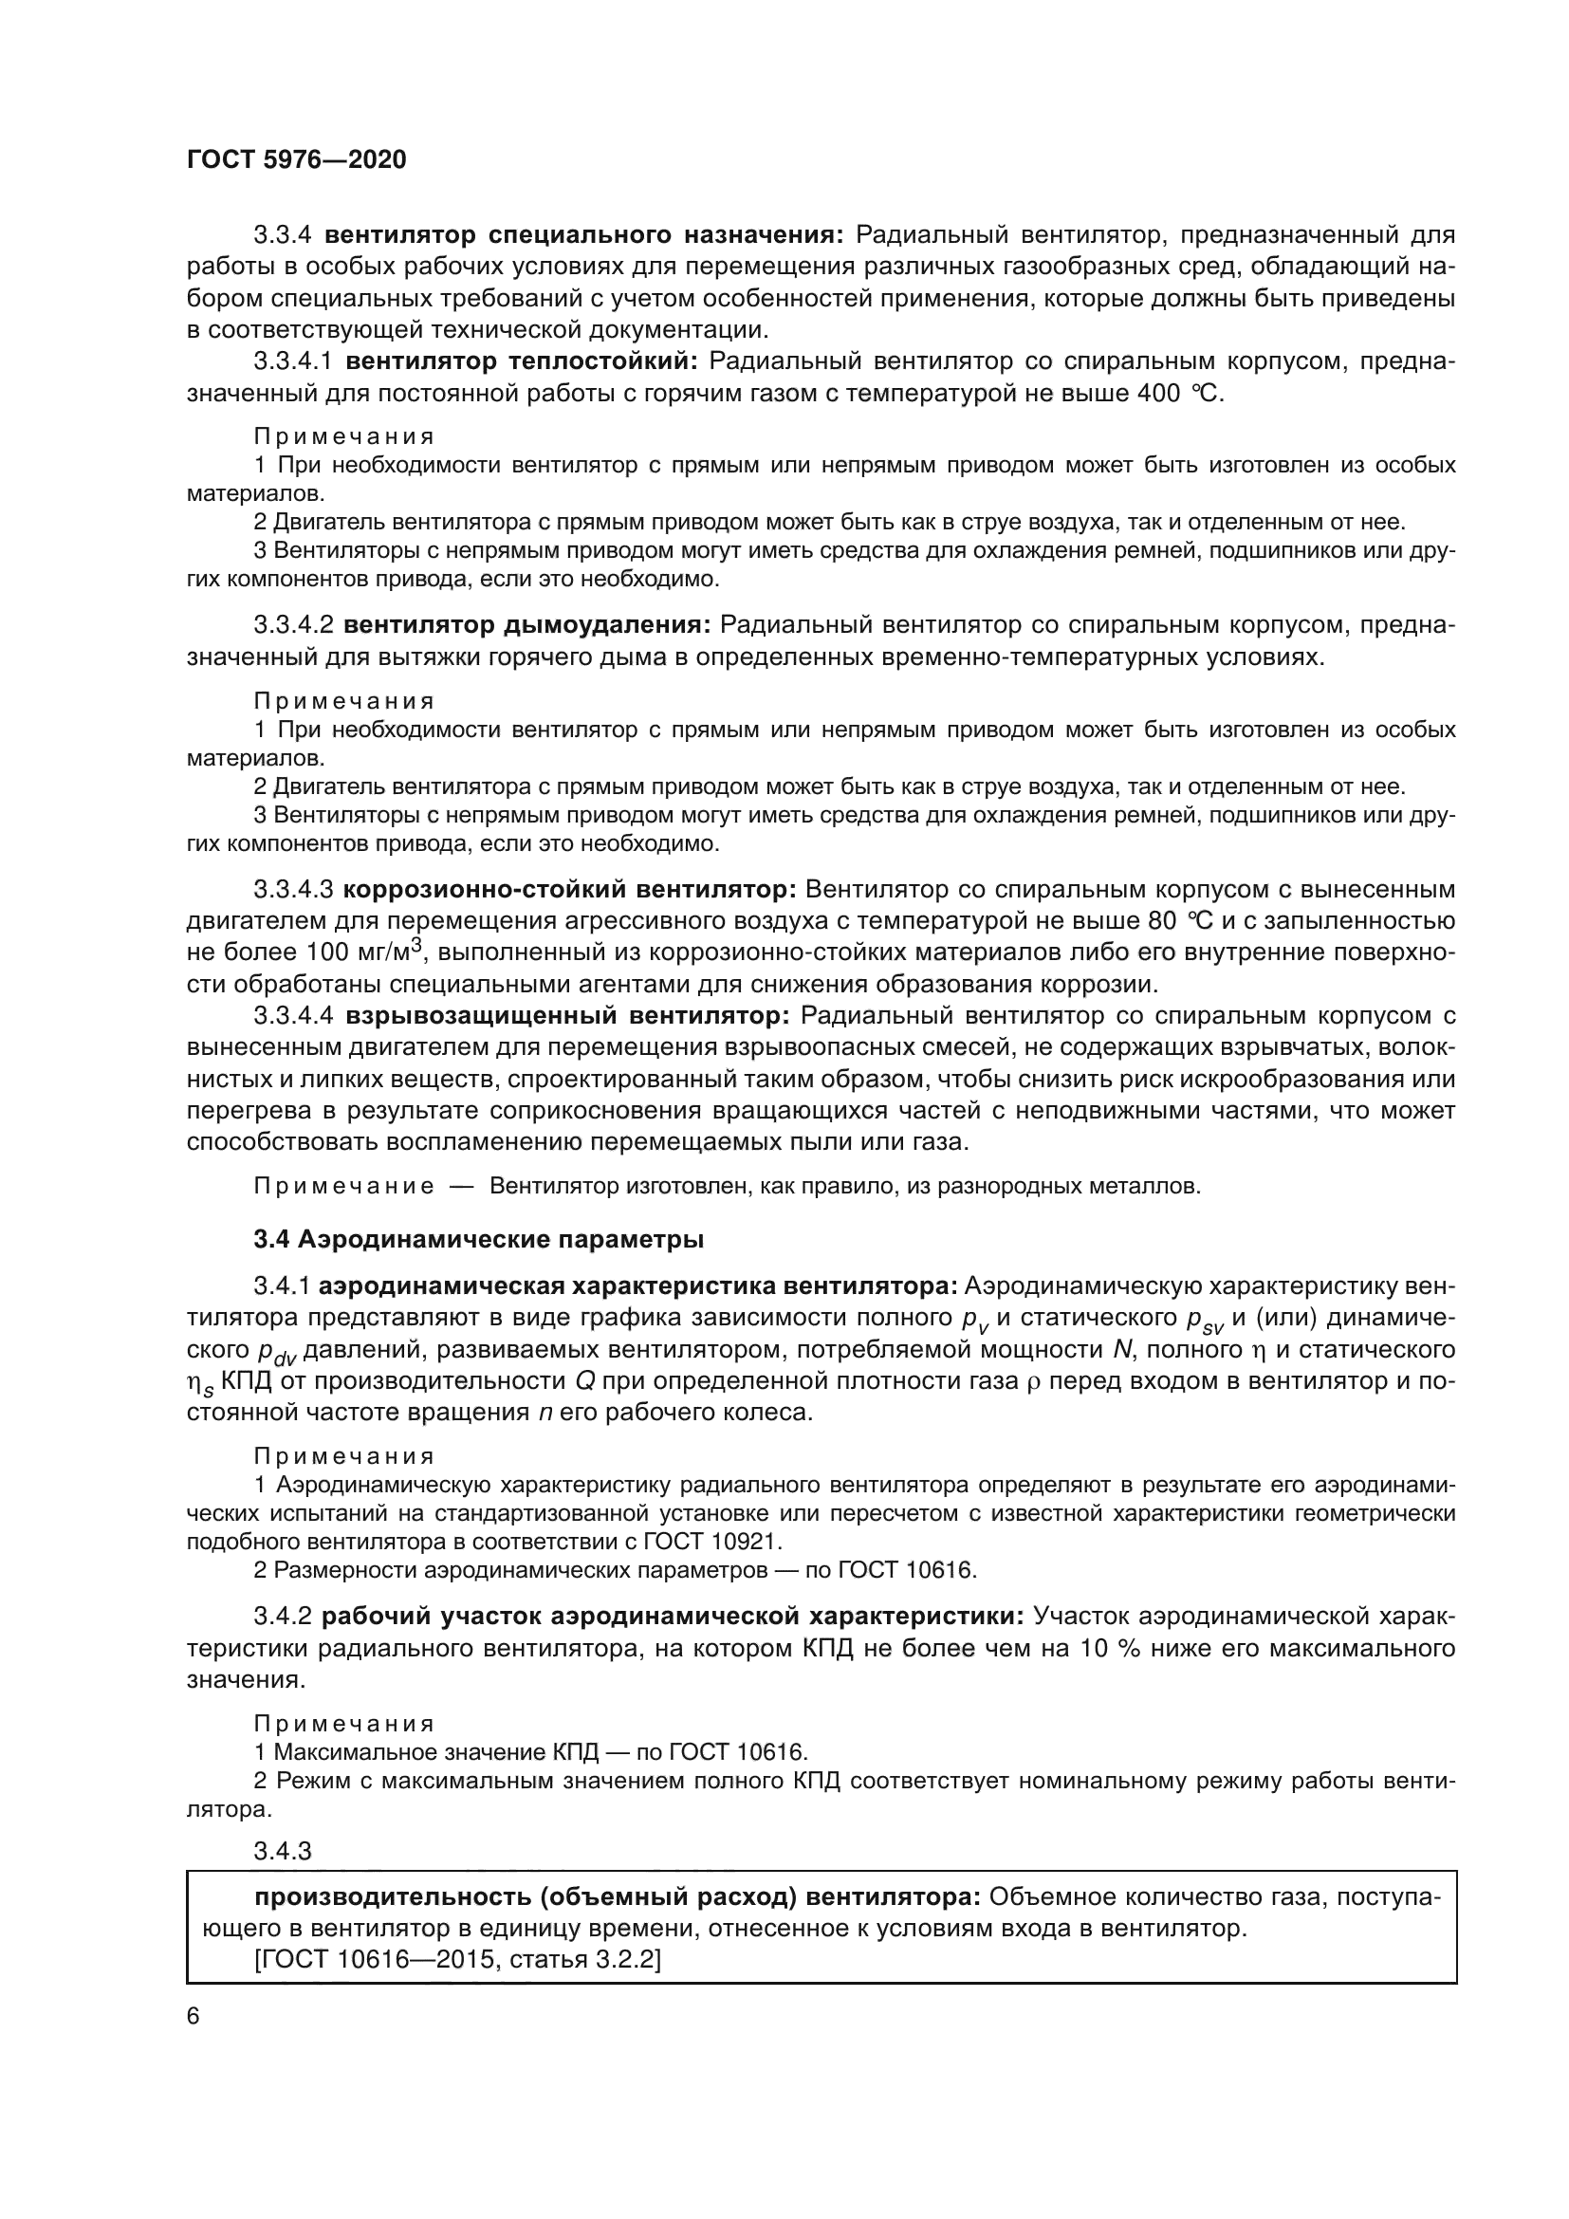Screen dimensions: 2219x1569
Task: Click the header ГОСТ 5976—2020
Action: pyautogui.click(x=296, y=159)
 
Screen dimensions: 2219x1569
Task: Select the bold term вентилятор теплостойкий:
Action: pyautogui.click(x=521, y=361)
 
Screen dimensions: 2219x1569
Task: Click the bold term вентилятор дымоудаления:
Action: pyautogui.click(x=526, y=625)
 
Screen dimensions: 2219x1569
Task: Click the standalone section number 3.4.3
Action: pyautogui.click(x=282, y=1851)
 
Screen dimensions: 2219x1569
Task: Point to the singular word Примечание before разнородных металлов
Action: pyautogui.click(x=343, y=1186)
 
